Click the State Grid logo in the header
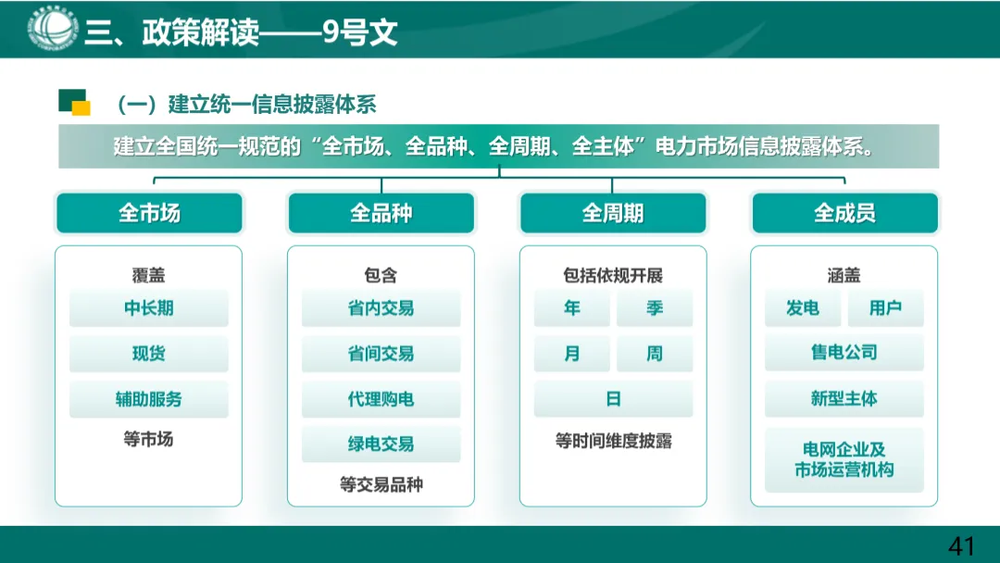[52, 29]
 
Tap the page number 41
[961, 545]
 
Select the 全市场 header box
[149, 214]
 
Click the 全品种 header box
[381, 214]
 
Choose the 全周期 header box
[612, 214]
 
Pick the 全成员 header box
[844, 214]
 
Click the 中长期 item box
[149, 308]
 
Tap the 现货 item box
[149, 354]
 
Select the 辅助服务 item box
[149, 399]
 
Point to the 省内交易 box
[381, 308]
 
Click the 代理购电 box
[381, 399]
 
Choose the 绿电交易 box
[381, 444]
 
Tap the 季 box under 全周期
[655, 308]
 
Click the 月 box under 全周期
[572, 354]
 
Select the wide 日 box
[613, 399]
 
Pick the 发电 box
[803, 308]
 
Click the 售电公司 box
[844, 353]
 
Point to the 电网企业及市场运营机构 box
[844, 459]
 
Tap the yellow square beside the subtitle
[81, 108]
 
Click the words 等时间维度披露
[613, 441]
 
